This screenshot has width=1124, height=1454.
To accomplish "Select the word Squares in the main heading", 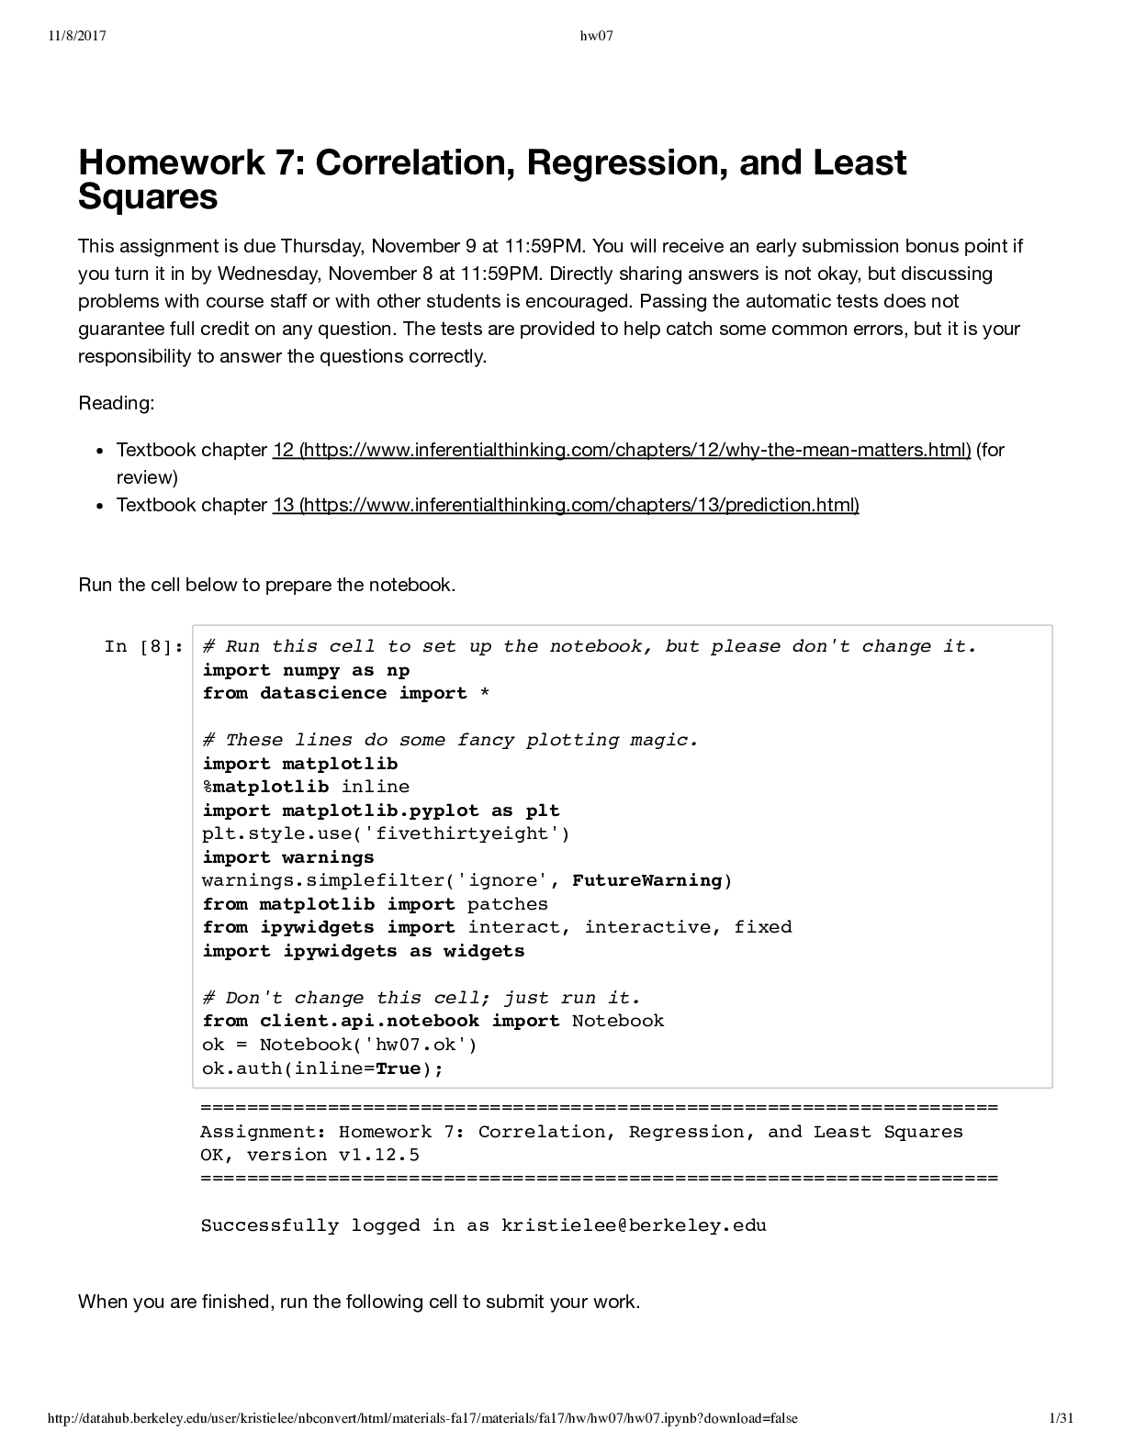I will pos(148,196).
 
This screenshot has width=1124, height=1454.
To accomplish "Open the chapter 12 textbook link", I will pos(622,450).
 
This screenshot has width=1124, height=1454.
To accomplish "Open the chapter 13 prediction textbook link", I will pos(566,505).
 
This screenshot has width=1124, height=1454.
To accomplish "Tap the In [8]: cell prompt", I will pos(144,647).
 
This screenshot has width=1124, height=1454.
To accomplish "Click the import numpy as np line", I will pos(306,670).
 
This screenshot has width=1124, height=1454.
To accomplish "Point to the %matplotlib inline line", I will pos(306,787).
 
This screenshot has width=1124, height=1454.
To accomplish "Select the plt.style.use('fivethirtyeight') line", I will pos(386,833).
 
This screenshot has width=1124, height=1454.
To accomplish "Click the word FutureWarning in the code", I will pos(646,880).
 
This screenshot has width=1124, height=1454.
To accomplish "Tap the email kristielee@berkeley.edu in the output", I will pos(634,1225).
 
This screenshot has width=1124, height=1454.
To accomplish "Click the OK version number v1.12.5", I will pos(379,1155).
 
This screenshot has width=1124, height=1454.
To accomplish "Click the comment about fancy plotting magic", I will pos(450,740).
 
